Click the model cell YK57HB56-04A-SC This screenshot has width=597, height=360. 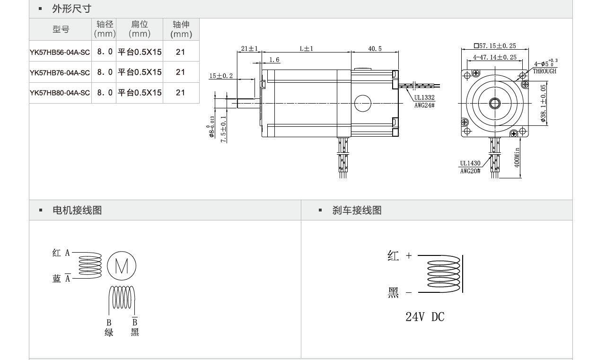tap(60, 52)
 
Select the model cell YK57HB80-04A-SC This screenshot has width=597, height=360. tap(60, 93)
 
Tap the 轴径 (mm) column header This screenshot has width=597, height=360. tap(105, 29)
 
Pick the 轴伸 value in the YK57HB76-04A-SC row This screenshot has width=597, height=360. tap(180, 72)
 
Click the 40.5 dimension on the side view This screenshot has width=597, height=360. tap(375, 49)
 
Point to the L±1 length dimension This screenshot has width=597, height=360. tap(307, 49)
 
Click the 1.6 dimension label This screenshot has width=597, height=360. tap(274, 60)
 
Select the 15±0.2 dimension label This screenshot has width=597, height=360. tap(221, 76)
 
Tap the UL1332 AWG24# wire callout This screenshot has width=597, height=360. tap(424, 101)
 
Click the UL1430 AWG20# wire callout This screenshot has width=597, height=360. tap(470, 167)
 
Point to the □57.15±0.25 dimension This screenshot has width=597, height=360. tap(495, 46)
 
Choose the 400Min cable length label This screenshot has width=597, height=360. tap(517, 157)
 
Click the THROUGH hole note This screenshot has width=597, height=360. tap(544, 71)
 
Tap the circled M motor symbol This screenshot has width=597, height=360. tap(122, 267)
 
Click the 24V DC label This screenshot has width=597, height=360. tap(425, 317)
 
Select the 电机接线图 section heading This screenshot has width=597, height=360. tap(77, 211)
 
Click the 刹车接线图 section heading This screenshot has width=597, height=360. tap(357, 211)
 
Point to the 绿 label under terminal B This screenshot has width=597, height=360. tap(109, 332)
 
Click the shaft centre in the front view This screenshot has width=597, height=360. tap(495, 103)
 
